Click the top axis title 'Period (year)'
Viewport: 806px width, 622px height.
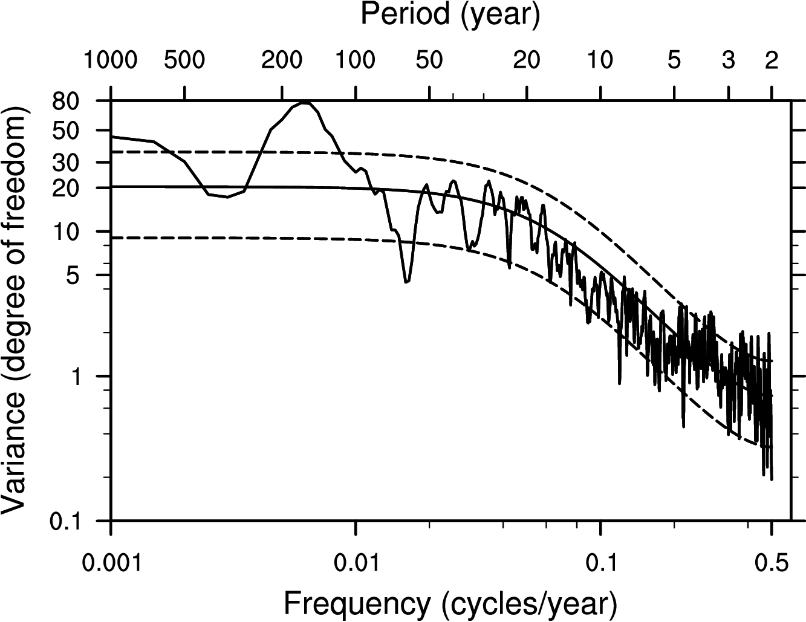[x=450, y=15]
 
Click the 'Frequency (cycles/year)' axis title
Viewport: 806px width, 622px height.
[x=450, y=603]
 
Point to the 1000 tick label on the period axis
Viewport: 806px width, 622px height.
[x=111, y=60]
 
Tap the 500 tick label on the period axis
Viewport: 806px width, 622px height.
[x=184, y=60]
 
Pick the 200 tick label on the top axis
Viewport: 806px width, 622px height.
[x=282, y=60]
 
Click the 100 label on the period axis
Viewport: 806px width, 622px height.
[x=356, y=60]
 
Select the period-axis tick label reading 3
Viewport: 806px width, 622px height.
[x=729, y=60]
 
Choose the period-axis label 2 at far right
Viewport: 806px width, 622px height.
[x=771, y=60]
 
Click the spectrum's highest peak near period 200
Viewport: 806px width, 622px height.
[x=305, y=103]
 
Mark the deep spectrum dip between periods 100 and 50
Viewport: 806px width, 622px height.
[x=407, y=282]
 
